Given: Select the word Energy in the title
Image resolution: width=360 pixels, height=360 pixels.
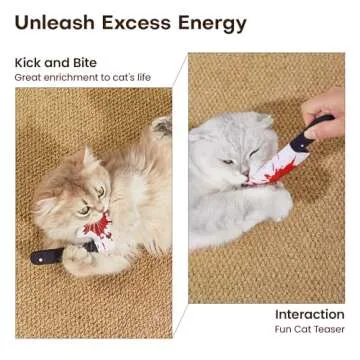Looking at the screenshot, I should pos(209,22).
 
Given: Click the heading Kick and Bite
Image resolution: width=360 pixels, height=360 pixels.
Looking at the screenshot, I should pos(56,63).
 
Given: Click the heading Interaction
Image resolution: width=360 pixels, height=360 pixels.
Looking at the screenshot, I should pos(310,313).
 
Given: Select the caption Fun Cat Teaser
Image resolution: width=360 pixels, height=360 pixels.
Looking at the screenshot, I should pos(310,328).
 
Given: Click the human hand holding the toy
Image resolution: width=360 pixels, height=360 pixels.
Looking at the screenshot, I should pos(326,110).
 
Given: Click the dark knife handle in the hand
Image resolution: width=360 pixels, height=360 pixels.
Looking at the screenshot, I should pos(318,126).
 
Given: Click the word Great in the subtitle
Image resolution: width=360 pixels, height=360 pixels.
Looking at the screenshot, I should pos(27,77).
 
